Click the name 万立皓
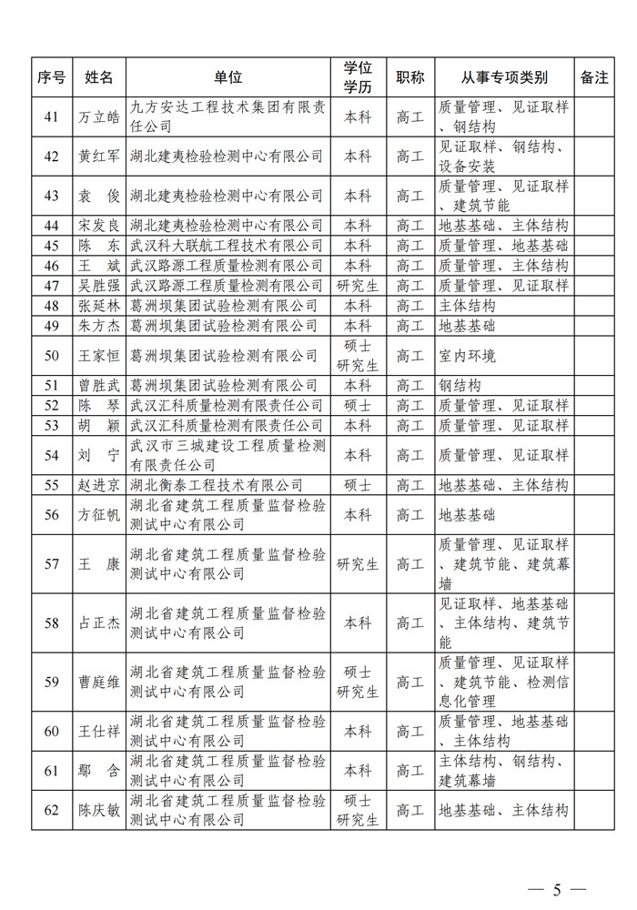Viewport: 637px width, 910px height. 98,116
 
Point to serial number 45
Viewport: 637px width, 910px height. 51,245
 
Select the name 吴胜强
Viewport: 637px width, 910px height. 98,285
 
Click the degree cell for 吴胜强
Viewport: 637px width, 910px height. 358,285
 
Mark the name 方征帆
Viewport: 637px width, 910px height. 98,514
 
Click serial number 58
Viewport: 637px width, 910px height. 51,623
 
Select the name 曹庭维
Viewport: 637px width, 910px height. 98,682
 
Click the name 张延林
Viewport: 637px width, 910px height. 98,305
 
